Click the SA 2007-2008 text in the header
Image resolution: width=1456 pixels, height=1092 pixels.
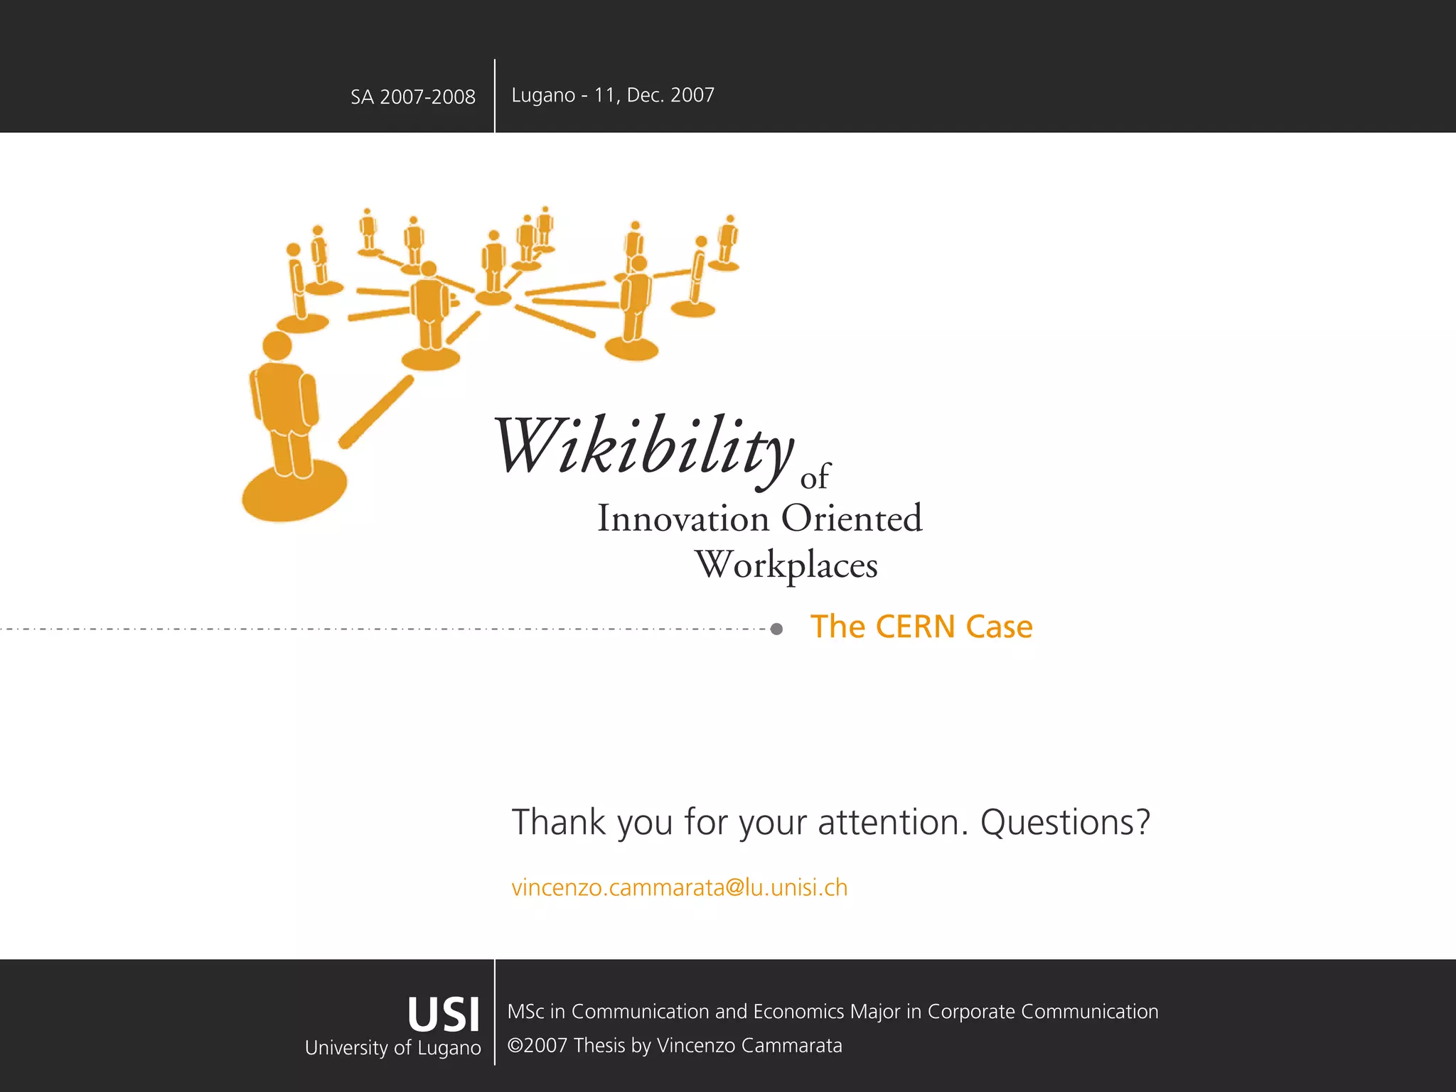click(x=413, y=97)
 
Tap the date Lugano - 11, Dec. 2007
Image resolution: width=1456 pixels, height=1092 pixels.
click(x=612, y=95)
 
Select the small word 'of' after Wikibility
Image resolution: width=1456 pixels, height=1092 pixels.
click(x=815, y=476)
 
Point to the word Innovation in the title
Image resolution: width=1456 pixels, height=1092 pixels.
click(x=683, y=518)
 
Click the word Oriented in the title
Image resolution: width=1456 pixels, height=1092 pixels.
click(x=852, y=518)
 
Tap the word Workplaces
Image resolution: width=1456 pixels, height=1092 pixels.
click(x=786, y=566)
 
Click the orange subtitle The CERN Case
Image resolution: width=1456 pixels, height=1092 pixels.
click(x=921, y=627)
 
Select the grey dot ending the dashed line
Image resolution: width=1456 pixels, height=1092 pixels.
click(x=777, y=629)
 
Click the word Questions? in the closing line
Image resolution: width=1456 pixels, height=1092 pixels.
click(x=1065, y=823)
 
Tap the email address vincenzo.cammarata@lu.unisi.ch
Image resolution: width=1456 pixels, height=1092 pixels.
click(x=680, y=888)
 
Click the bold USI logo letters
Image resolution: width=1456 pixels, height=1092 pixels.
click(x=444, y=1015)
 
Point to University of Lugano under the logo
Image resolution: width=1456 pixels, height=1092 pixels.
click(x=392, y=1048)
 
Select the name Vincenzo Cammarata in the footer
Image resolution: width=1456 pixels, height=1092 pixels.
click(x=749, y=1046)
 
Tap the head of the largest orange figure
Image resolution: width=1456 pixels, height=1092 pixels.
click(x=277, y=346)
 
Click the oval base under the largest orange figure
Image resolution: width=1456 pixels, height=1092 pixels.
click(x=294, y=490)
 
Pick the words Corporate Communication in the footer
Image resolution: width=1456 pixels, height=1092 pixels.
click(x=1043, y=1012)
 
